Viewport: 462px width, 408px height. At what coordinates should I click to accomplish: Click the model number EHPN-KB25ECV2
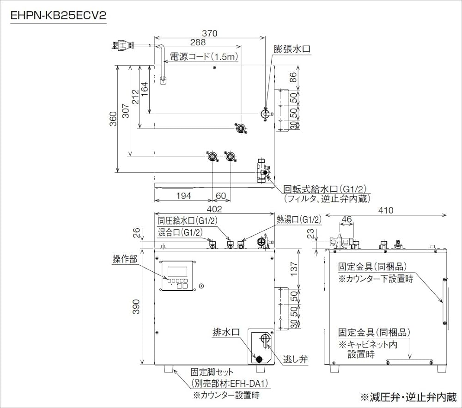(59, 16)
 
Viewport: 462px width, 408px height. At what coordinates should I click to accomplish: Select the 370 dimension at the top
(209, 33)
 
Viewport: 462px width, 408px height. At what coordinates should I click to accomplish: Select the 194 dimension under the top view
(183, 196)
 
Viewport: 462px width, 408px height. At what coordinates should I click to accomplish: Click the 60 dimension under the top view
(221, 196)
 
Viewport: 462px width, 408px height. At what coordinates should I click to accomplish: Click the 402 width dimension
(214, 209)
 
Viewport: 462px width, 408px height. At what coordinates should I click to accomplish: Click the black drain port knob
(259, 359)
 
